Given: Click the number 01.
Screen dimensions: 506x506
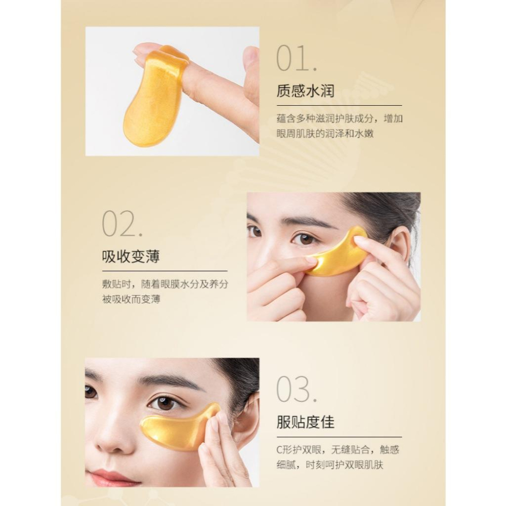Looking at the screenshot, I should pyautogui.click(x=297, y=59).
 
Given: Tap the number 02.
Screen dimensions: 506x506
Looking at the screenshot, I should pyautogui.click(x=122, y=224).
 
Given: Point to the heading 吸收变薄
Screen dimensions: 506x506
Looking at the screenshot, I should pyautogui.click(x=131, y=257).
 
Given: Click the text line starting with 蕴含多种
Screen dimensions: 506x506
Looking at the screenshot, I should pyautogui.click(x=340, y=119).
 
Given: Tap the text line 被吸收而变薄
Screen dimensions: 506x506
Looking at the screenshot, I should pyautogui.click(x=131, y=299).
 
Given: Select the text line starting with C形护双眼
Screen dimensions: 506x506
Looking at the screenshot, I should pyautogui.click(x=338, y=450).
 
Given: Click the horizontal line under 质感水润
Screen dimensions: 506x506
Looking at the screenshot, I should pyautogui.click(x=339, y=105).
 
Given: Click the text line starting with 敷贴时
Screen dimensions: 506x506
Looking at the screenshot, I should pyautogui.click(x=165, y=284).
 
